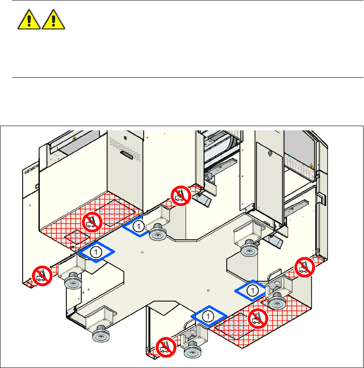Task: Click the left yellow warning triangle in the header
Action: (29, 20)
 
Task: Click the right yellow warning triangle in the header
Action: (53, 20)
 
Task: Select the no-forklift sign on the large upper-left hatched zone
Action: (92, 220)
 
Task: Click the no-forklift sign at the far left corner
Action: (42, 276)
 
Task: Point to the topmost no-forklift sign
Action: (180, 195)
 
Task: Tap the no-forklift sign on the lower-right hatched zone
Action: (258, 318)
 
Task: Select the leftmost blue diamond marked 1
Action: (97, 252)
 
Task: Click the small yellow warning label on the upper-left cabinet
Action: (74, 138)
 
